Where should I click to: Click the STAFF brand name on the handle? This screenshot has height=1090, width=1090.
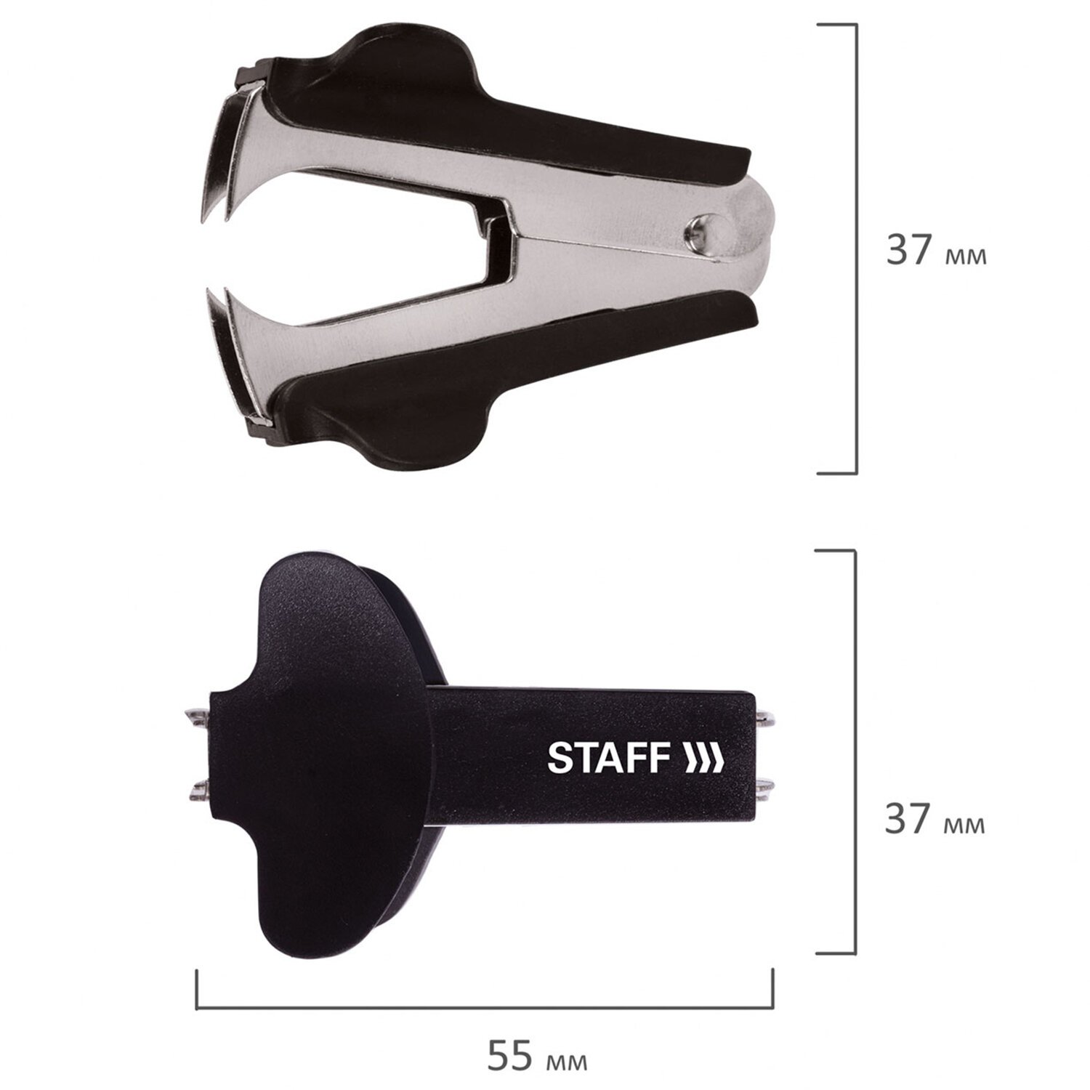tap(608, 758)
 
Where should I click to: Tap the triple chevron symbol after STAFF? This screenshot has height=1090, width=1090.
tap(703, 758)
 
